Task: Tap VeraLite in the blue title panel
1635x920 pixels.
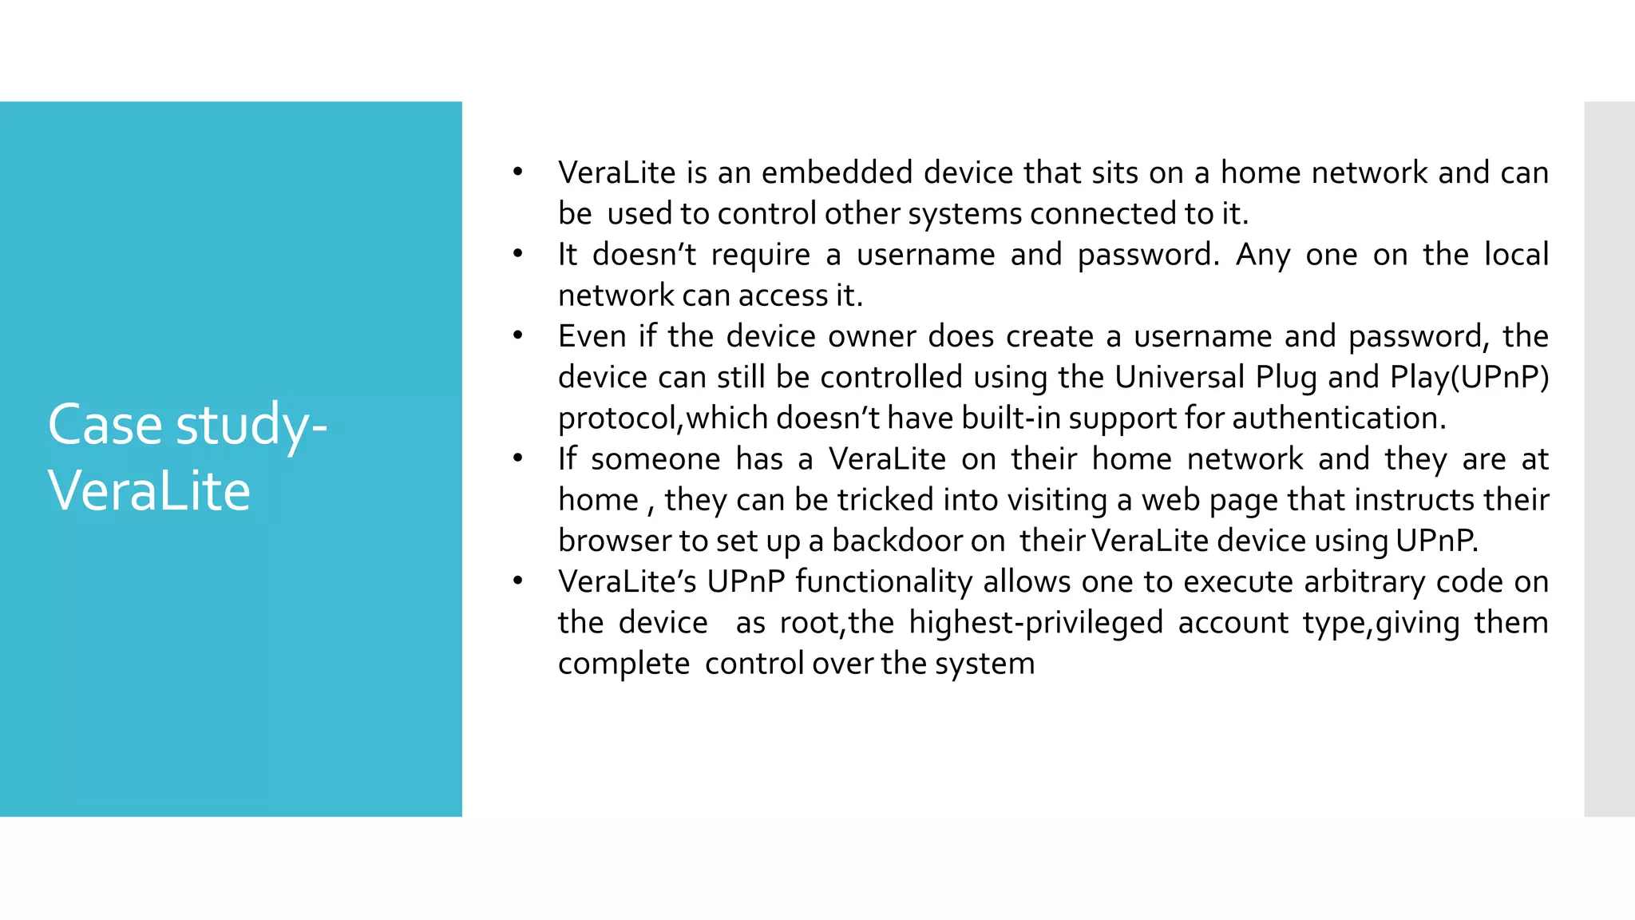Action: [149, 490]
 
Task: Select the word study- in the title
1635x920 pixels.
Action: [251, 426]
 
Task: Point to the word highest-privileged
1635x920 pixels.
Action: [1035, 623]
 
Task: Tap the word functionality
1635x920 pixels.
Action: [883, 582]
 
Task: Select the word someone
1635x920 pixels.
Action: [655, 459]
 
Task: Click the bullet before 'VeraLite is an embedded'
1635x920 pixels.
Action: [517, 172]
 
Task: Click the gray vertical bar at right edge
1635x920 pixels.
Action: [1609, 458]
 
